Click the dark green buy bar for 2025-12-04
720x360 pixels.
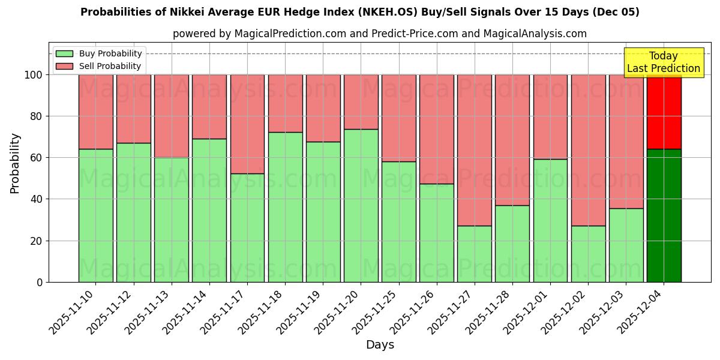664,215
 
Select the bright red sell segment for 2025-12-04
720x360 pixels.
664,112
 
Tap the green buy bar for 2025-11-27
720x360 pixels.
474,254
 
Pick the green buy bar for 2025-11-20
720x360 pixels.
361,205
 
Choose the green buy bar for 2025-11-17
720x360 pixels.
247,227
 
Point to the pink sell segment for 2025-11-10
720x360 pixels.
95,112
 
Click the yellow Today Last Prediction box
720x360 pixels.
663,62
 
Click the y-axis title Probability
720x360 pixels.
15,163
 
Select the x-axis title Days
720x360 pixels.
380,345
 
